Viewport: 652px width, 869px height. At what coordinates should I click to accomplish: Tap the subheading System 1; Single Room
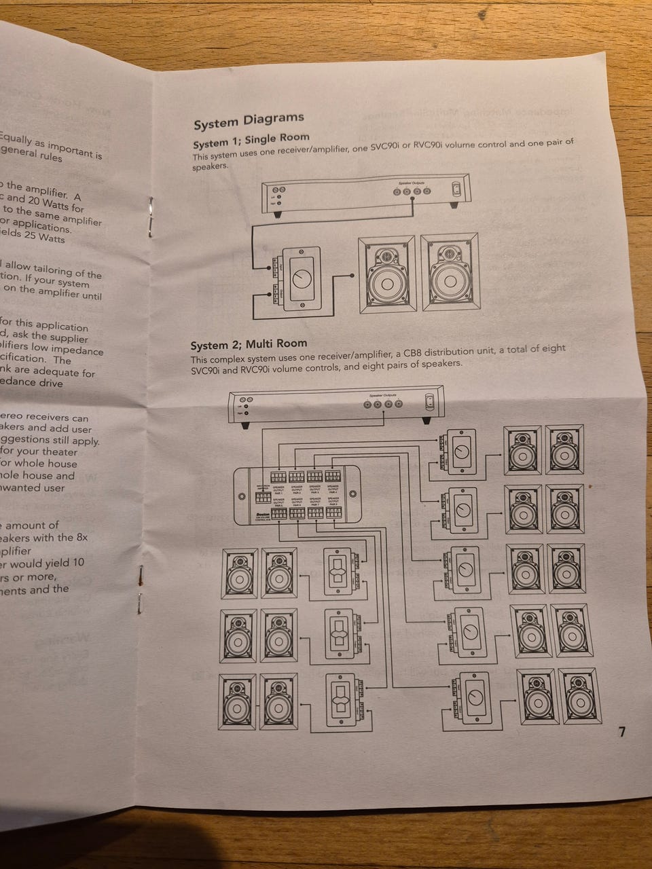(x=251, y=141)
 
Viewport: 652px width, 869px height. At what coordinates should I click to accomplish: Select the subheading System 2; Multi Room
(x=249, y=344)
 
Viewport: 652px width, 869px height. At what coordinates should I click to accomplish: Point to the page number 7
(x=622, y=732)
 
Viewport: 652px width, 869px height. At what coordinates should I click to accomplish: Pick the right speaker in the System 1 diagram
(x=448, y=272)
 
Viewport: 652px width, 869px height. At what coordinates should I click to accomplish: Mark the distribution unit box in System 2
(x=298, y=495)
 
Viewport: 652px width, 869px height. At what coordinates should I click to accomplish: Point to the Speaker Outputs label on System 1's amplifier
(x=411, y=182)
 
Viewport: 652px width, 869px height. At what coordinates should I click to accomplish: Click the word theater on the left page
(x=58, y=451)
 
